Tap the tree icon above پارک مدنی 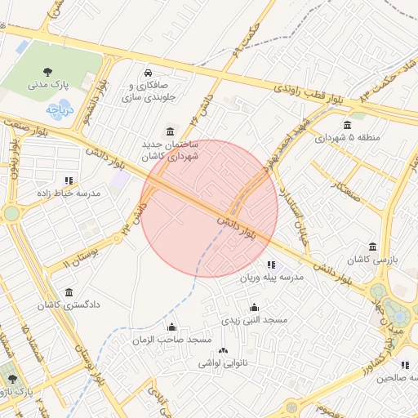pyautogui.click(x=51, y=70)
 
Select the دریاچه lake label pyautogui.click(x=60, y=108)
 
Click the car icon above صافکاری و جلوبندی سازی pyautogui.click(x=148, y=71)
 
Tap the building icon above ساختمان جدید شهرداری pyautogui.click(x=169, y=131)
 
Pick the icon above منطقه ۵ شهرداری pyautogui.click(x=348, y=125)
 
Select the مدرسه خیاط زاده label pyautogui.click(x=69, y=193)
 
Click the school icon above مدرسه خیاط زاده pyautogui.click(x=69, y=180)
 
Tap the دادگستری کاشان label pyautogui.click(x=68, y=305)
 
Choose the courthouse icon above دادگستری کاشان pyautogui.click(x=68, y=291)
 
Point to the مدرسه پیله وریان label pyautogui.click(x=271, y=278)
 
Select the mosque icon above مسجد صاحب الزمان pyautogui.click(x=171, y=326)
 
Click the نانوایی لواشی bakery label pyautogui.click(x=223, y=362)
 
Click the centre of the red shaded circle pyautogui.click(x=210, y=208)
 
